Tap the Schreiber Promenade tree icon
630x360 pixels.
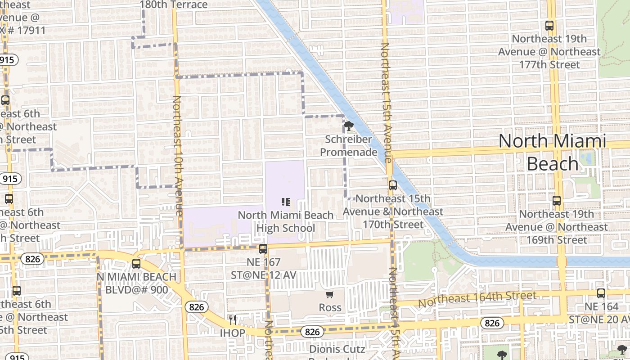point(349,126)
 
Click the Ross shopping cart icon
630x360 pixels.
point(330,295)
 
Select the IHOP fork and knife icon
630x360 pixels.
point(232,320)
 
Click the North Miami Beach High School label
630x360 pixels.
point(286,222)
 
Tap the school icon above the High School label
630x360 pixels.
point(285,202)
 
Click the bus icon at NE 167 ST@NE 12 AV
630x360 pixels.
point(263,248)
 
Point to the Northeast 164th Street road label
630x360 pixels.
point(477,299)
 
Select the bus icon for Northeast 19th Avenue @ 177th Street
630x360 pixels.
point(549,26)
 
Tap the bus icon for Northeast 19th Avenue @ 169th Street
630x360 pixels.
point(557,201)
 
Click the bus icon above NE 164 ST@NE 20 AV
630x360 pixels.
point(601,293)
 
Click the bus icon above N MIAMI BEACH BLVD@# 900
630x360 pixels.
point(136,264)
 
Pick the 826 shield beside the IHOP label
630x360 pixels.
point(196,307)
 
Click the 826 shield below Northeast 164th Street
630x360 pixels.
point(492,323)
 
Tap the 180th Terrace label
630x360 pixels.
point(174,5)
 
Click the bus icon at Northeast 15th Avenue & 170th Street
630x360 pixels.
point(392,185)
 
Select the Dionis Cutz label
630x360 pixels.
point(337,349)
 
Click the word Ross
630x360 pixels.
point(330,308)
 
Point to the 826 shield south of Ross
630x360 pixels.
point(312,332)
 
